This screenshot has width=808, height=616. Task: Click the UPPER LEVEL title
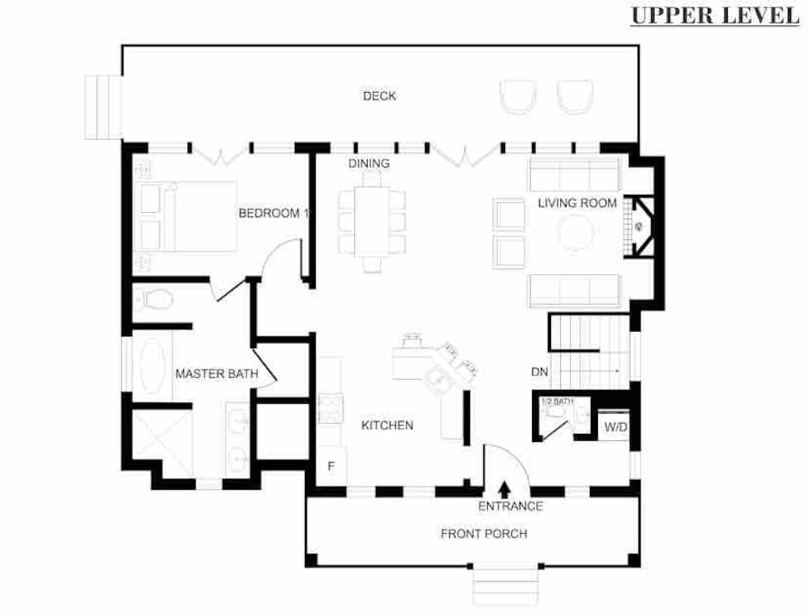[x=715, y=15]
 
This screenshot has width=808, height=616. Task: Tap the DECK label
[x=380, y=96]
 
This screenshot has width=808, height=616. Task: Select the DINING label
[x=369, y=163]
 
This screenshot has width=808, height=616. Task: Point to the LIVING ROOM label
[x=577, y=203]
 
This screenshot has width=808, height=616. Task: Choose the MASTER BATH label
[x=217, y=373]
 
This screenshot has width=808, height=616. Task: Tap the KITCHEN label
[x=387, y=426]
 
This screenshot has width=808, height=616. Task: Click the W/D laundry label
[x=616, y=428]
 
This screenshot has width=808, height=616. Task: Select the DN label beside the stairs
[x=539, y=372]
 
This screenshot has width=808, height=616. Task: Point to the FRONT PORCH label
[x=484, y=534]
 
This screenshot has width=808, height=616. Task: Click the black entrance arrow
[x=504, y=489]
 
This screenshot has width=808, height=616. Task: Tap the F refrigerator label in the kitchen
[x=331, y=466]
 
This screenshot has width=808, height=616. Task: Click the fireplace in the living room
[x=639, y=226]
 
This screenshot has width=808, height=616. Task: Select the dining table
[x=372, y=222]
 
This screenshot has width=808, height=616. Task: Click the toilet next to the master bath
[x=153, y=299]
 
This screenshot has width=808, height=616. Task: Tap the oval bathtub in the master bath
[x=152, y=365]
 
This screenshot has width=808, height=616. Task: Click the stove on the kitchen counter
[x=330, y=409]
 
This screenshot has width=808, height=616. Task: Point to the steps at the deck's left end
[x=104, y=107]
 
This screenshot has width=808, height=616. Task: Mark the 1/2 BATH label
[x=557, y=401]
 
